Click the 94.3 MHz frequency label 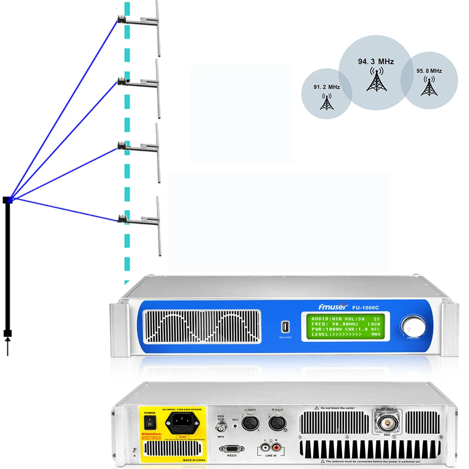click(376, 61)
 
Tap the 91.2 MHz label click(326, 87)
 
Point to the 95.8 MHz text click(429, 71)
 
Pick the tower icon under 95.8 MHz click(429, 86)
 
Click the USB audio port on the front click(285, 326)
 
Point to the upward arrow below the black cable click(8, 348)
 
